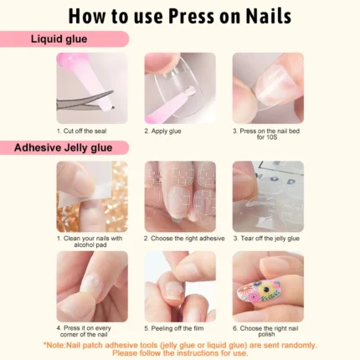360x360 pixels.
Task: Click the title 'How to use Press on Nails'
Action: click(x=180, y=17)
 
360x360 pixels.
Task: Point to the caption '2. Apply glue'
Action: click(x=163, y=131)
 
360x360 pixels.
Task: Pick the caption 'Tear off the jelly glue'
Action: click(x=267, y=239)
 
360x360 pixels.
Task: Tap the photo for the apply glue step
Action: click(x=179, y=88)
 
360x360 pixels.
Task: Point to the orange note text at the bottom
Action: click(x=180, y=348)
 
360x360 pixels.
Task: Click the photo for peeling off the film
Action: click(x=179, y=286)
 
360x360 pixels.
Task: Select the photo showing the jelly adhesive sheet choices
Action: click(x=179, y=197)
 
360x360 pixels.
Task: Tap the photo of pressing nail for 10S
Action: click(x=267, y=88)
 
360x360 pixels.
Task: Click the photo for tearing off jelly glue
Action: click(x=267, y=197)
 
